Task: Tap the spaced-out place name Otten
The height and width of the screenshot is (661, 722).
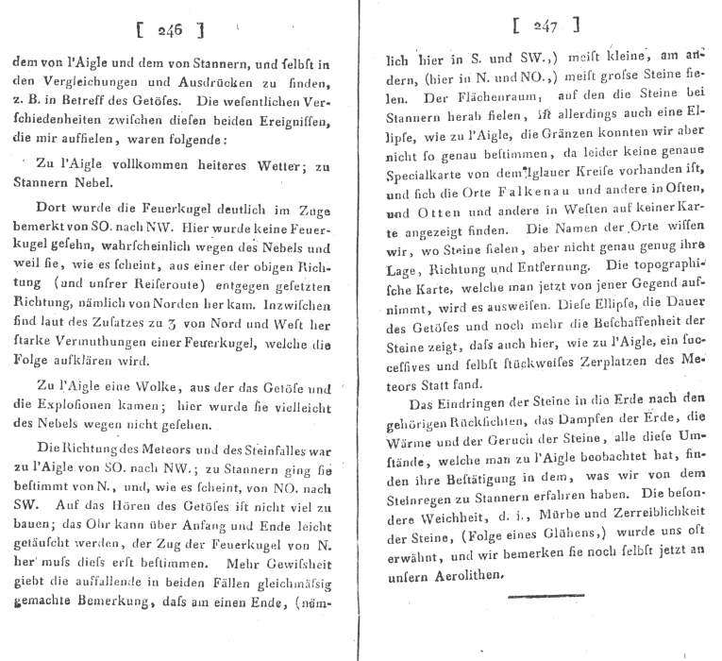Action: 437,214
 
